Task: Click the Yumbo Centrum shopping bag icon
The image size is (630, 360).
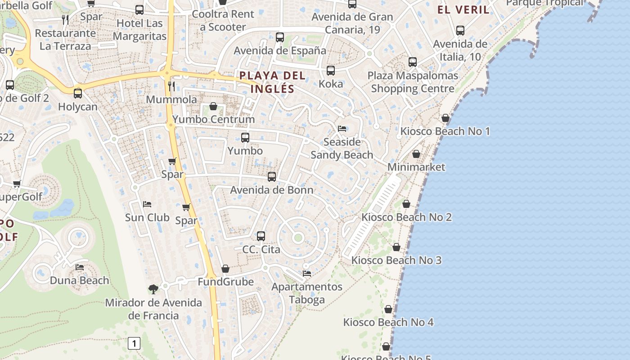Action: (213, 107)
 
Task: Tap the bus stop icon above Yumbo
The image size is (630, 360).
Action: (245, 138)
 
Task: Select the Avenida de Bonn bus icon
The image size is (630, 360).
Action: (272, 177)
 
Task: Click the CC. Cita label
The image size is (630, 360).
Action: (261, 249)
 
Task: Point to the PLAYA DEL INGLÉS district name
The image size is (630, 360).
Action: (272, 82)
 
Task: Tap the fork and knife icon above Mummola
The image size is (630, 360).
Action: (171, 86)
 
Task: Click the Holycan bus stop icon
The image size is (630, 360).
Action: (78, 94)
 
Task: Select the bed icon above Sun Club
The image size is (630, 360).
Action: (147, 204)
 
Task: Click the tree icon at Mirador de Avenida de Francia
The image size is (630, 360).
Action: (153, 289)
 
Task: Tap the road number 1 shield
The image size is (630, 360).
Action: (134, 344)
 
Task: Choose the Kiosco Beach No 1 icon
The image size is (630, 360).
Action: (445, 118)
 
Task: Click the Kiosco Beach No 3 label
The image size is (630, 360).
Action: (396, 260)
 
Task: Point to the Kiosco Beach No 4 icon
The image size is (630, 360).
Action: (388, 309)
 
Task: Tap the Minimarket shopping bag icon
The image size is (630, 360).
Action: (416, 154)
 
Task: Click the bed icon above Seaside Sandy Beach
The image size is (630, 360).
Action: (342, 129)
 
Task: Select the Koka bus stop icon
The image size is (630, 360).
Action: (331, 71)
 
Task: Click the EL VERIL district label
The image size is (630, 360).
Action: (463, 9)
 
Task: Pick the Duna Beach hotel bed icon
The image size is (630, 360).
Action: (80, 267)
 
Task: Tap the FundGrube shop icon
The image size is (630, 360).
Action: (225, 269)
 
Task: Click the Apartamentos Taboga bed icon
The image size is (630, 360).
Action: (307, 273)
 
